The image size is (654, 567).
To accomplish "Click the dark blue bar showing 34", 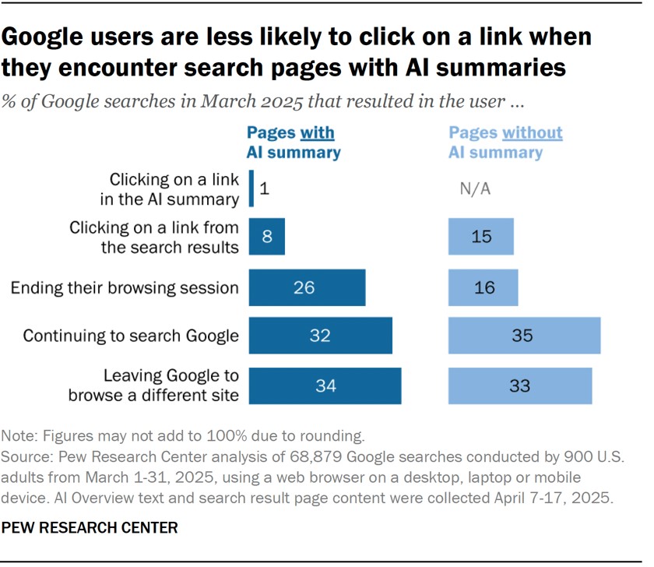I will [325, 386].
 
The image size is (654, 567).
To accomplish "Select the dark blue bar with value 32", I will [320, 336].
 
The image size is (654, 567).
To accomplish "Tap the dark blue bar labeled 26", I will [307, 288].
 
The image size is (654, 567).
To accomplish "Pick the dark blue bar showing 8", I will [266, 237].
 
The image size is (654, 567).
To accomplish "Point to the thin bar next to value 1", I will [251, 189].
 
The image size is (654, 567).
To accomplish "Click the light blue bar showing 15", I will [481, 237].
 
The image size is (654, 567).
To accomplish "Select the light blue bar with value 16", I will [483, 288].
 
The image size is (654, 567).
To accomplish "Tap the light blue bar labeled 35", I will [524, 336].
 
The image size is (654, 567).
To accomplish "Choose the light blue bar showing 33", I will [520, 386].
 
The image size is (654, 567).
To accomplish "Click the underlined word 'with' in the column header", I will [320, 132].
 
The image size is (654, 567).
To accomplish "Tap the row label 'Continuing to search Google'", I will [131, 336].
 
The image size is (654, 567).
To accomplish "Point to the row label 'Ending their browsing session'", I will [125, 288].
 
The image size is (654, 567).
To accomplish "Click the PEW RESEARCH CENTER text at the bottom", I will [90, 528].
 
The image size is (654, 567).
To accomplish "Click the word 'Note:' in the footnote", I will [19, 435].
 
